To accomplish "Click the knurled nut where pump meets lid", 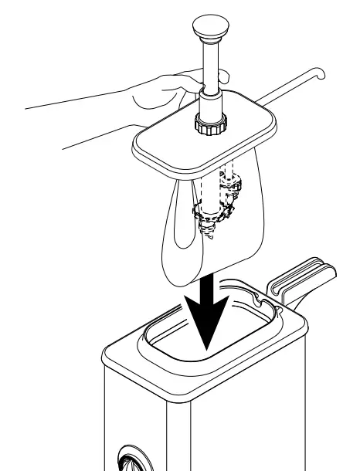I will [209, 124].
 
